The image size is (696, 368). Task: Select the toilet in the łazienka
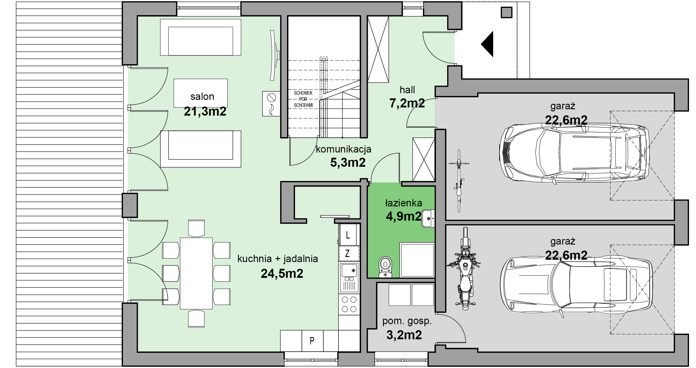385,267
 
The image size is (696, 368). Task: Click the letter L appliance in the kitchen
348,235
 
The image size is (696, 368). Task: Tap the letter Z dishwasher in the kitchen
348,253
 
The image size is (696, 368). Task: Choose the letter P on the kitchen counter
312,341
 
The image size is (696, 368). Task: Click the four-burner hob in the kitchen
349,304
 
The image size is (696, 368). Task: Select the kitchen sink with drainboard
349,278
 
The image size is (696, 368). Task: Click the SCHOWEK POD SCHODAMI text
303,99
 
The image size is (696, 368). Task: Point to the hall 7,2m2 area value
407,103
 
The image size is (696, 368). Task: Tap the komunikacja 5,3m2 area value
348,163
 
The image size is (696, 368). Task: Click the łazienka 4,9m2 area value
404,216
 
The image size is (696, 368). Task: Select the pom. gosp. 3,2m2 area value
404,335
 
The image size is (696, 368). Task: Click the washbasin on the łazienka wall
428,218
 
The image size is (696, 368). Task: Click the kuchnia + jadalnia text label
278,259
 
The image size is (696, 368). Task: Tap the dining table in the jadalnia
196,273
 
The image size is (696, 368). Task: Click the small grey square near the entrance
506,13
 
